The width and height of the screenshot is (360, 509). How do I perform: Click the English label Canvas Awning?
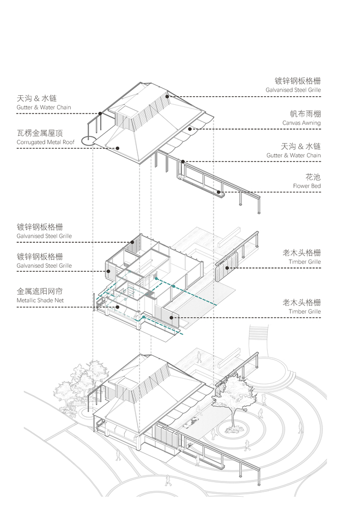click(x=301, y=123)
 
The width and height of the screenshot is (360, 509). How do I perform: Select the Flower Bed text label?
click(x=307, y=186)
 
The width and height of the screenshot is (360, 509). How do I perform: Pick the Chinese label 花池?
click(x=313, y=177)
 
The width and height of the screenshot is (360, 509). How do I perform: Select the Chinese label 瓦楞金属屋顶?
click(x=40, y=133)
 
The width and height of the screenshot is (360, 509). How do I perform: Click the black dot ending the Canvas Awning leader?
click(x=189, y=129)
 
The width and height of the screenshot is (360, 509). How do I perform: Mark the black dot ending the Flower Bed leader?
click(x=219, y=192)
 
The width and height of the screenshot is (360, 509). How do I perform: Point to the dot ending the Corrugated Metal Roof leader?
click(x=117, y=148)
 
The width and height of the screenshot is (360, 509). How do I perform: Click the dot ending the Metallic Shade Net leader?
click(x=117, y=307)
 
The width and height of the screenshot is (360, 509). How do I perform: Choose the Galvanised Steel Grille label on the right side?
click(x=293, y=90)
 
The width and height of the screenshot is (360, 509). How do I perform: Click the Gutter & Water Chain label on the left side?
click(x=44, y=108)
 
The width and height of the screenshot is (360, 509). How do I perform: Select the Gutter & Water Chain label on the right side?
click(x=293, y=155)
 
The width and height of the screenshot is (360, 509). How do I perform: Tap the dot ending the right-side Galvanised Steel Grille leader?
click(x=167, y=96)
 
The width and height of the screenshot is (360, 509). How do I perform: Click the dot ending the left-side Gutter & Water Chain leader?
click(x=101, y=113)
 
